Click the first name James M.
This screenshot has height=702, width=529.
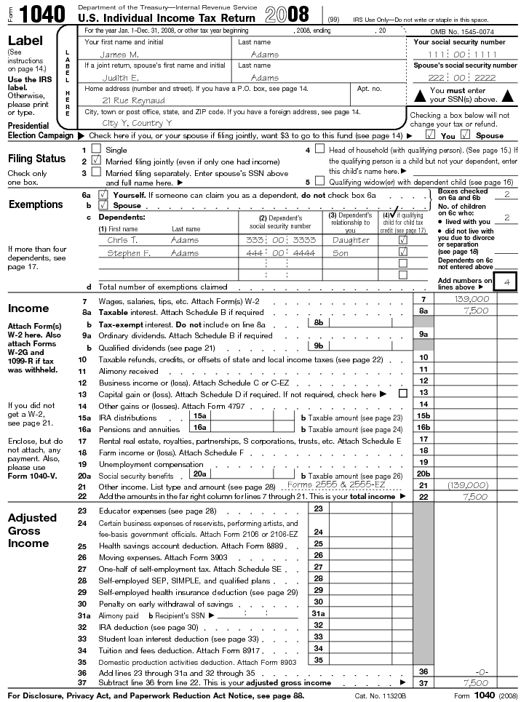(119, 55)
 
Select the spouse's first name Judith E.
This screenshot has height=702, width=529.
(119, 77)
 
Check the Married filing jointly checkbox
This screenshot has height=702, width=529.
(96, 161)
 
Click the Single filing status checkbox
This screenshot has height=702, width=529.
(96, 150)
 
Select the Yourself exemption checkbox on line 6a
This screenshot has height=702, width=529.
(103, 195)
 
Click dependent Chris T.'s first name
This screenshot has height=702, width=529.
(122, 240)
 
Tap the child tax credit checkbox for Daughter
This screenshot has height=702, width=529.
(402, 240)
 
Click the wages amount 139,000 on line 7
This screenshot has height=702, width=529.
(472, 299)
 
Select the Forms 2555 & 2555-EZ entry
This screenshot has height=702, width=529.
(336, 484)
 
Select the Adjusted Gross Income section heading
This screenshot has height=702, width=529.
(32, 530)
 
